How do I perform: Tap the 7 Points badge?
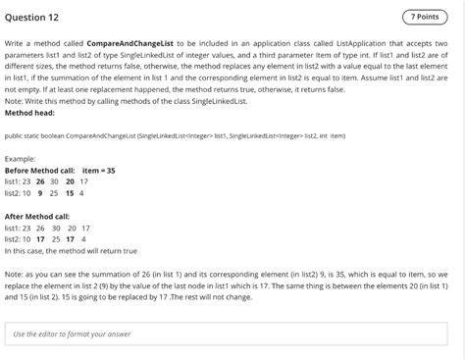tap(422, 17)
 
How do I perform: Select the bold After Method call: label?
tap(37, 215)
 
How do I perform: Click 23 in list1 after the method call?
tap(27, 227)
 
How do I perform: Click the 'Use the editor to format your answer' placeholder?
tap(73, 334)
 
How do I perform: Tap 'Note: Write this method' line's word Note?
tap(14, 101)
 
